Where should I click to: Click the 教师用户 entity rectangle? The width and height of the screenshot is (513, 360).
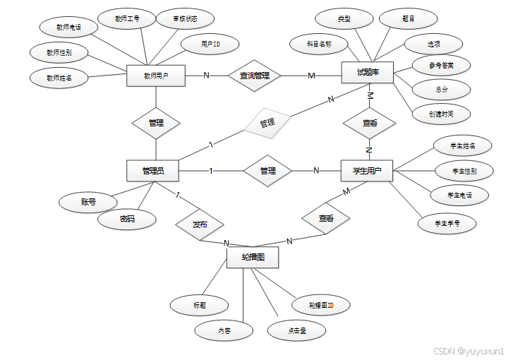tap(155, 76)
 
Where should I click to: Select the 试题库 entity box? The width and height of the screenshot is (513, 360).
tap(367, 73)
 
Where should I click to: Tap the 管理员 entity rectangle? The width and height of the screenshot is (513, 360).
tap(152, 170)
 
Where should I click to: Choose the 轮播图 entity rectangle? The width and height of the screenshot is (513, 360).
tap(253, 258)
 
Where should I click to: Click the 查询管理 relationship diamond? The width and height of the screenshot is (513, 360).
tap(255, 76)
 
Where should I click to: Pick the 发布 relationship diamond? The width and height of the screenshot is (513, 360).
tap(200, 224)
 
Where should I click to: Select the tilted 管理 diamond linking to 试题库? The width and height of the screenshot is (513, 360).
tap(267, 124)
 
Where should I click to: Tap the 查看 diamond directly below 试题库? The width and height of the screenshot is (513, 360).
tap(369, 123)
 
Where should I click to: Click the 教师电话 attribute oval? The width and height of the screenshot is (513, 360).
tap(68, 28)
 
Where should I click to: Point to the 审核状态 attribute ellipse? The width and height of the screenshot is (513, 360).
tap(176, 19)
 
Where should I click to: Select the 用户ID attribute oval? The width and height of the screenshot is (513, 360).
tap(210, 44)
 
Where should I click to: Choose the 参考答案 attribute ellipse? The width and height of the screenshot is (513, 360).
tap(441, 66)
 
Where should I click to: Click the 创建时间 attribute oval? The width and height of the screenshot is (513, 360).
tap(441, 113)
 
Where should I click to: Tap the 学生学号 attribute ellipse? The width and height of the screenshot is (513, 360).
tap(447, 224)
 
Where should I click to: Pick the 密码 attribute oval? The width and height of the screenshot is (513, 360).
tap(127, 220)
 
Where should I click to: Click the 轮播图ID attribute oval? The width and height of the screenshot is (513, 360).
tap(320, 306)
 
